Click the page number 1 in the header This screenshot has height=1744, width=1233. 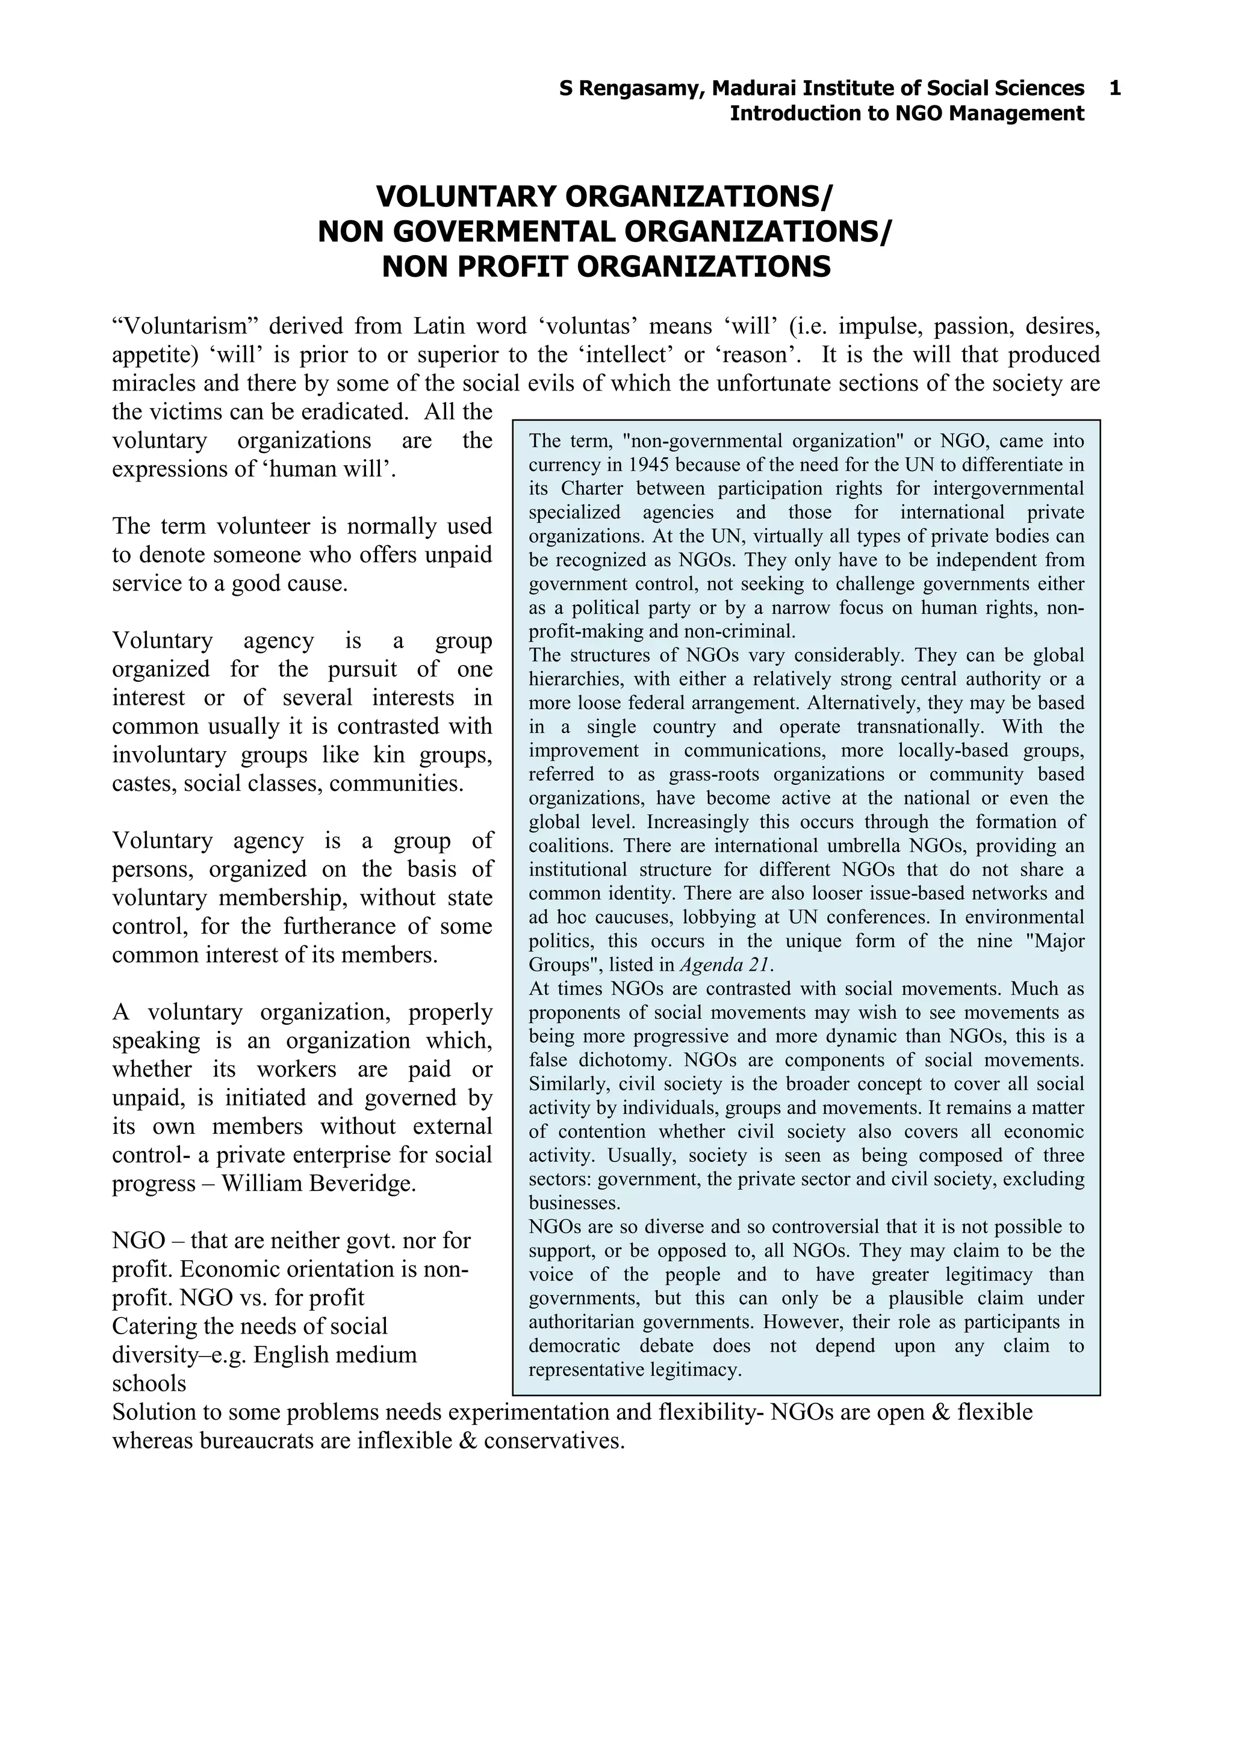click(1114, 89)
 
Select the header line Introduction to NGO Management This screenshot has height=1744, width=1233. click(906, 114)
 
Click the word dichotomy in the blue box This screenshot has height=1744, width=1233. click(626, 1060)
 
